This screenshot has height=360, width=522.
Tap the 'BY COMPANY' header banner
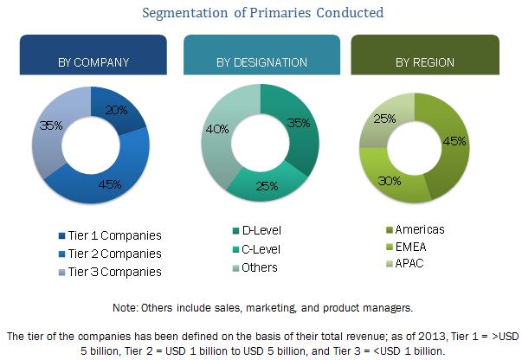click(93, 61)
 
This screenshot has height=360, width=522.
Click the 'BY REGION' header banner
click(424, 61)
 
